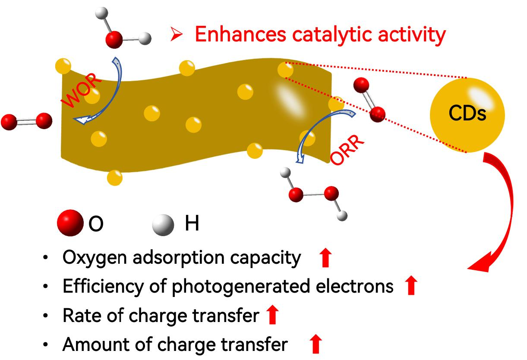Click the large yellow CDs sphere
(467, 115)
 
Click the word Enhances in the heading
(239, 34)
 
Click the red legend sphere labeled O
(70, 223)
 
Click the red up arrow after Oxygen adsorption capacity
(325, 258)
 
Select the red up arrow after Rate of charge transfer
(271, 315)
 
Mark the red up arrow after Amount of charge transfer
(316, 344)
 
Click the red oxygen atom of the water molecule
(114, 40)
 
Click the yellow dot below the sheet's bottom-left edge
(114, 177)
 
